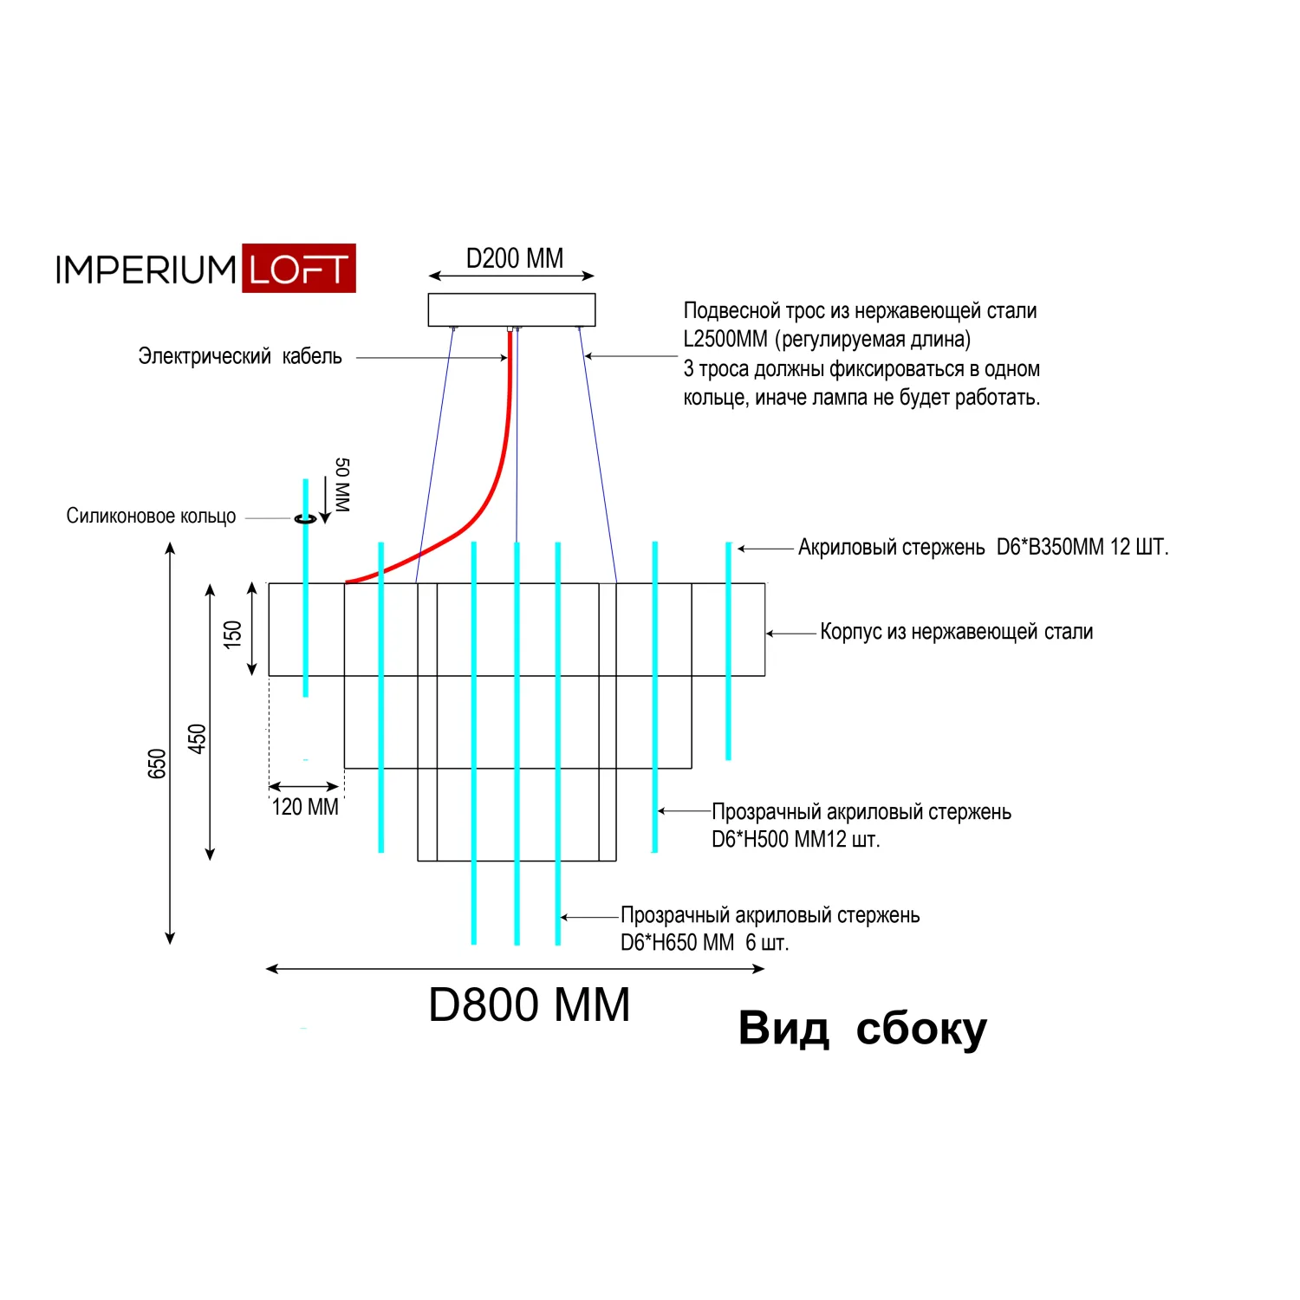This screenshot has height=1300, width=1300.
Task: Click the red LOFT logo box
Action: coord(298,269)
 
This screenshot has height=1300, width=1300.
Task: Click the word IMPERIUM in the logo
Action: coord(146,270)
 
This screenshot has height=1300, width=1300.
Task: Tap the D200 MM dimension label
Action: coord(514,258)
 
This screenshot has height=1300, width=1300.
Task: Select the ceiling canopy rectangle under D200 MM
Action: coord(511,309)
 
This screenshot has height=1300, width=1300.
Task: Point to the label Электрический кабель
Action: coord(240,356)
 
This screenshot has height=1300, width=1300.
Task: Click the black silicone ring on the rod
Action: coord(305,518)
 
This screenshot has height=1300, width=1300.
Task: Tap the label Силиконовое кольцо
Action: coord(151,517)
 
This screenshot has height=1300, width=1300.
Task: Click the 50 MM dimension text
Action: coord(342,484)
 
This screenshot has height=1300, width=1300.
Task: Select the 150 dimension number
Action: coord(232,634)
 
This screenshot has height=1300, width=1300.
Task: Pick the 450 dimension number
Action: coord(197,738)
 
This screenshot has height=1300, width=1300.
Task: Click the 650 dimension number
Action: coord(157,764)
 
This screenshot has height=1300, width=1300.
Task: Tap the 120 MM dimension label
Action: coord(305,807)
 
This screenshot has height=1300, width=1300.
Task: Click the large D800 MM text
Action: coord(529,1005)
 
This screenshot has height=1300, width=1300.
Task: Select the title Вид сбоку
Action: coord(861,1029)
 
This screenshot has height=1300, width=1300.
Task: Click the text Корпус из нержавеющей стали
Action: coord(956,632)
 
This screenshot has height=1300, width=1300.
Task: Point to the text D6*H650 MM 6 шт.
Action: coord(704,943)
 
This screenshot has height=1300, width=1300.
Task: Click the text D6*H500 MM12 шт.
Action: coord(795,839)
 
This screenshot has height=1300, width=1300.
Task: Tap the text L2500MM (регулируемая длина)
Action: coord(826,339)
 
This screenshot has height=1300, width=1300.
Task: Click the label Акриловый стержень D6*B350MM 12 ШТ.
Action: coord(982,547)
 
